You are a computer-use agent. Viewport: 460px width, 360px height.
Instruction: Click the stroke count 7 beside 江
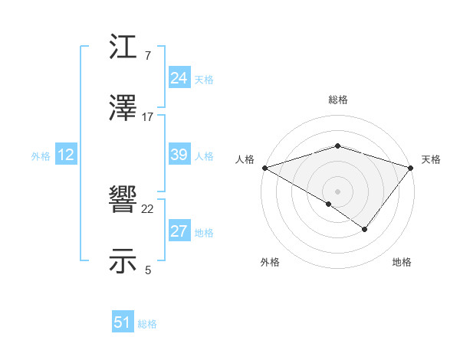click(148, 56)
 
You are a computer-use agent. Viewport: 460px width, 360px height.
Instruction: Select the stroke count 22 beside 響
click(148, 208)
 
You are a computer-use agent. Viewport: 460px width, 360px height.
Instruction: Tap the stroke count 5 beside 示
click(148, 269)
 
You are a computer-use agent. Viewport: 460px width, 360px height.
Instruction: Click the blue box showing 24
click(179, 78)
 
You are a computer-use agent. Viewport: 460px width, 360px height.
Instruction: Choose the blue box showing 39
click(179, 155)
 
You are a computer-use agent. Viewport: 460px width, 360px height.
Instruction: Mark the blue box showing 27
click(179, 231)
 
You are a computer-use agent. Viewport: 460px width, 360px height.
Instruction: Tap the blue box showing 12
click(65, 155)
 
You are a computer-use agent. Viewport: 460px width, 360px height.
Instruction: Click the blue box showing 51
click(123, 322)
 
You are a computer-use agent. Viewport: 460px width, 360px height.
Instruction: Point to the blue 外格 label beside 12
click(41, 155)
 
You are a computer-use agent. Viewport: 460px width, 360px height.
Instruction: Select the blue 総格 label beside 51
click(147, 324)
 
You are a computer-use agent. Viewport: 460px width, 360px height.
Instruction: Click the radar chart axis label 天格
click(431, 159)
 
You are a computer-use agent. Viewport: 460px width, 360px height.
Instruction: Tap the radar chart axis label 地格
click(402, 263)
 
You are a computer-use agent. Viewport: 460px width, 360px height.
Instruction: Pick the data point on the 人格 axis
click(264, 167)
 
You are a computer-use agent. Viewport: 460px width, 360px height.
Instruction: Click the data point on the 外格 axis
click(328, 204)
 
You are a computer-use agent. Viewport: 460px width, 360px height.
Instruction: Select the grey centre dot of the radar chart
click(337, 191)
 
